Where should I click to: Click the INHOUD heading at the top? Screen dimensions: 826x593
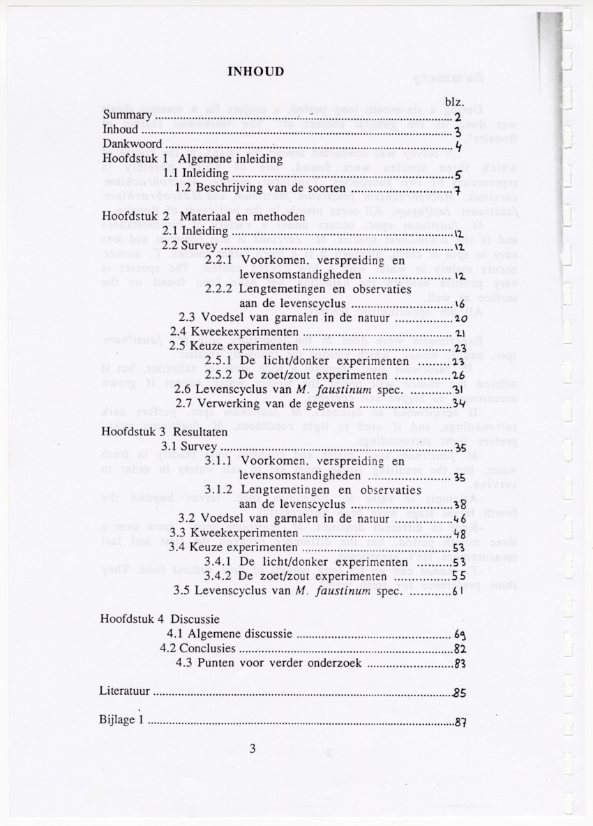click(x=256, y=72)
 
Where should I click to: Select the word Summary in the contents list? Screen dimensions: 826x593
click(x=127, y=115)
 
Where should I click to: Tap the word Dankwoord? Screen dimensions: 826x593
click(x=132, y=144)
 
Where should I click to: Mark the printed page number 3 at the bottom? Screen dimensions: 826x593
click(x=253, y=749)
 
